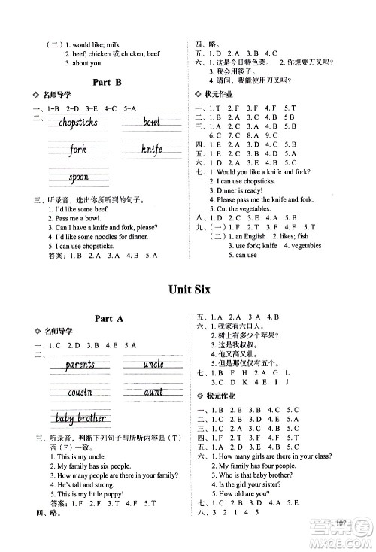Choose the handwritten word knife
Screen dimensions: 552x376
[151, 150]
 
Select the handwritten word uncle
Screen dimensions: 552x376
[153, 365]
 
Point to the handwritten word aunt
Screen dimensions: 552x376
[153, 392]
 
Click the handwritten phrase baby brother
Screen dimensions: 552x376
[80, 418]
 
